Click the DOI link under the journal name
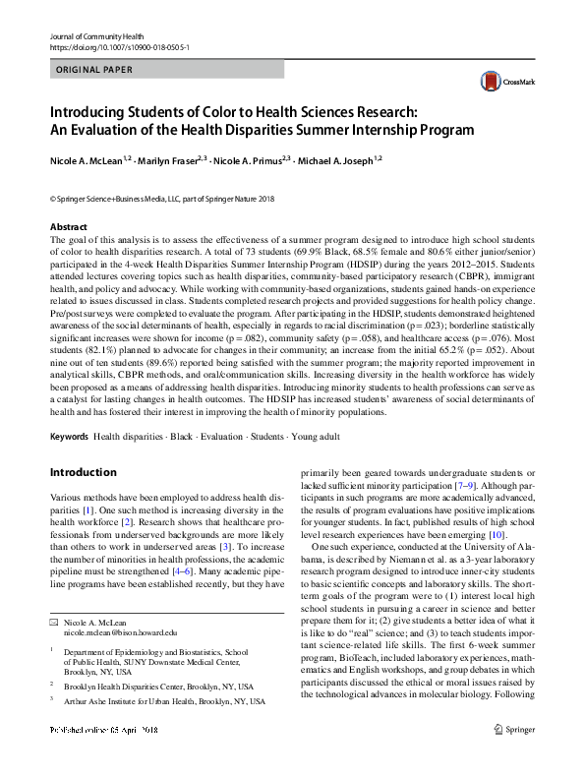coord(119,46)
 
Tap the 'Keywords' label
coord(69,434)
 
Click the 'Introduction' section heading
coord(85,472)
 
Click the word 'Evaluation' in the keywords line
coord(214,434)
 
